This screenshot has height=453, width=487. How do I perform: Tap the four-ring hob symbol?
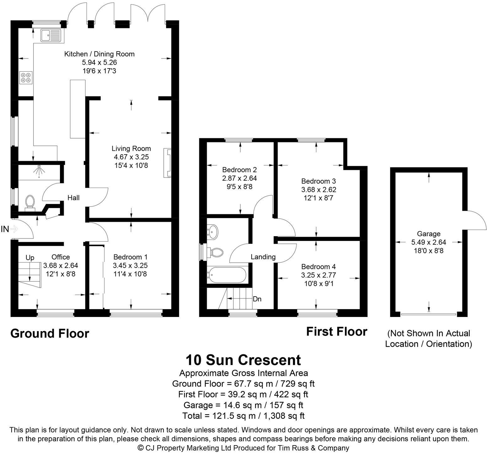coord(26,78)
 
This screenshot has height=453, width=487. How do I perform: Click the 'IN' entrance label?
coord(5,229)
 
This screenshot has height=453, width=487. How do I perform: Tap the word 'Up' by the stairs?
coord(30,258)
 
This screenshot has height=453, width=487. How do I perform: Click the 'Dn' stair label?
coord(257,299)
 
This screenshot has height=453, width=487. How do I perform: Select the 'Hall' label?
coord(74,198)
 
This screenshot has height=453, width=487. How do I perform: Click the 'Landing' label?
coord(263,257)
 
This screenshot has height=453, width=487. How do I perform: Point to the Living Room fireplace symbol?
coord(167,163)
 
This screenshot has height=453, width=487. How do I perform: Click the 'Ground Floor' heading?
coord(50,333)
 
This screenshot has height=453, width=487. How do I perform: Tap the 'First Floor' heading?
coord(337,332)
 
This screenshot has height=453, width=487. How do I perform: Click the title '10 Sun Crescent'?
coord(243,360)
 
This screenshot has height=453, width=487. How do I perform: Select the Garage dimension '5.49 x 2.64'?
coord(429,242)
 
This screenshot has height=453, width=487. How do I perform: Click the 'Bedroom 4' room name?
coord(318,267)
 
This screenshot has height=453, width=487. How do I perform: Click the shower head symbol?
coord(39,170)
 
